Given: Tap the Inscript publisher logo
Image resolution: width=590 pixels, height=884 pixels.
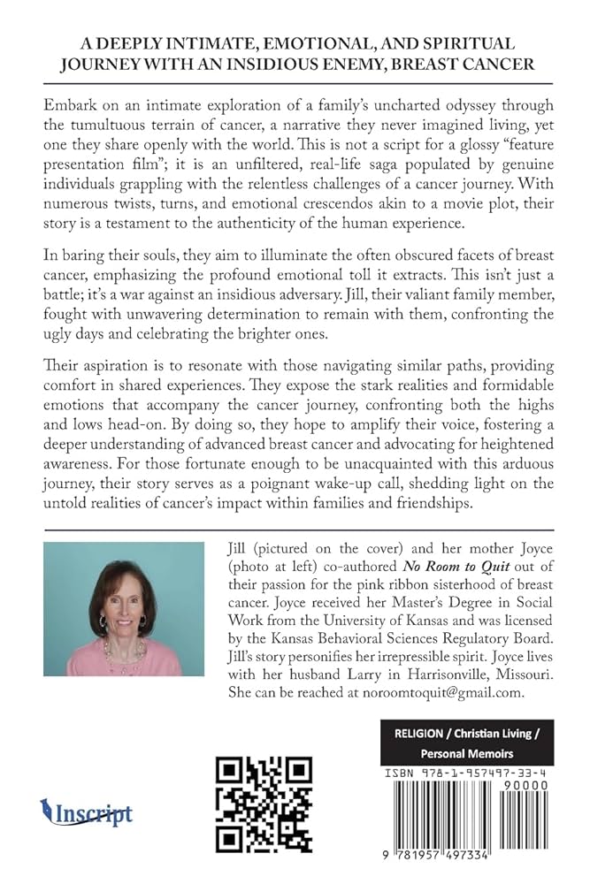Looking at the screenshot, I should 87,812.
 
